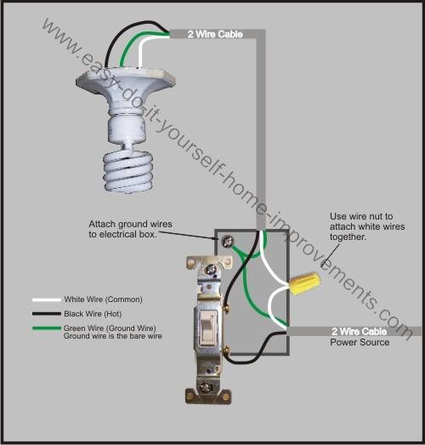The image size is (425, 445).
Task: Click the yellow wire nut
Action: (x=303, y=281)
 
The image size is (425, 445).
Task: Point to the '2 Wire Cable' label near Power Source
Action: (x=360, y=330)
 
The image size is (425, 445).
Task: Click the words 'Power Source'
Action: (x=360, y=342)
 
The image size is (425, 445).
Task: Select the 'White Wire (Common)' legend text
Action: (x=103, y=300)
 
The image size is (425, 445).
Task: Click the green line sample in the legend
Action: (x=47, y=328)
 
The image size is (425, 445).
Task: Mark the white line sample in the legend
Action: (x=47, y=300)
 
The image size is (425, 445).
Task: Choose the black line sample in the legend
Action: (x=47, y=314)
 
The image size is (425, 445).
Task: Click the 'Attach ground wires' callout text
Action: (x=131, y=224)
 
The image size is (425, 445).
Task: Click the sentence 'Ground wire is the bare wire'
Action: (x=112, y=337)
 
